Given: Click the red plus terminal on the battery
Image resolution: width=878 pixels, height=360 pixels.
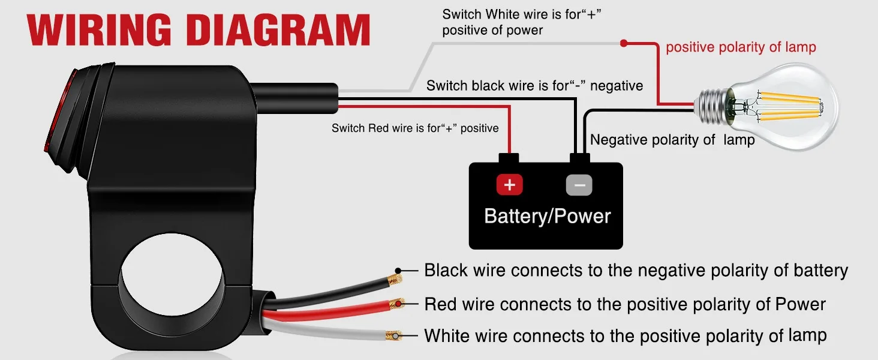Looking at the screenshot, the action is point(509,184).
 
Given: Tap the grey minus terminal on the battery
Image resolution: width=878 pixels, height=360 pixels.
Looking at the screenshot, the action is point(579,185).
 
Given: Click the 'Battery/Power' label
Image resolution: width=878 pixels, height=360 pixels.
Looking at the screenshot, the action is point(547,216).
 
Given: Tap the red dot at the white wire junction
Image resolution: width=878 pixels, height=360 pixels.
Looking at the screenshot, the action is point(624,43).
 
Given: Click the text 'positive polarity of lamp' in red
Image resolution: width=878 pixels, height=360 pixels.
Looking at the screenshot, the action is point(741,47).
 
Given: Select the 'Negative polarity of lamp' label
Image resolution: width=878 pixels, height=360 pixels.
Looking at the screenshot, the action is point(672,140).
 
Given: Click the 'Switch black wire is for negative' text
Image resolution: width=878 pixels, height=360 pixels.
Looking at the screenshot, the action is point(534,85).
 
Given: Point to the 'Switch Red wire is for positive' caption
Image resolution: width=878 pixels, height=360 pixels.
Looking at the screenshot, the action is point(415,128).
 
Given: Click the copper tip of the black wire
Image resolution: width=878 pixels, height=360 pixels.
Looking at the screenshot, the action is point(394,280).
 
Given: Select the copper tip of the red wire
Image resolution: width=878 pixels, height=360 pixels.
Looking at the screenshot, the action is point(396,304).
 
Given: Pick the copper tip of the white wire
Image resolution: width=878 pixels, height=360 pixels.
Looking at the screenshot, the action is point(393,335).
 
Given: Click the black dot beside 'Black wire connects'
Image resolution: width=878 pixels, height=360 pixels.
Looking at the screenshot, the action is point(398,271).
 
